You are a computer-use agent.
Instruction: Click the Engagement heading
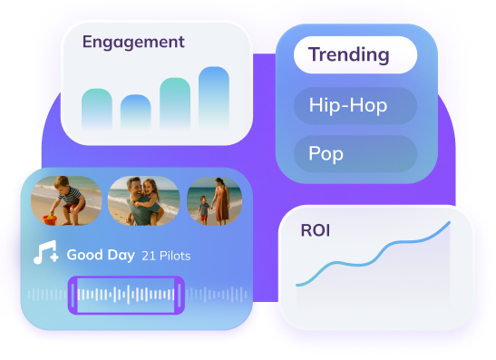point(132,43)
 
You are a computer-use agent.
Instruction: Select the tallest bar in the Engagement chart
point(214,99)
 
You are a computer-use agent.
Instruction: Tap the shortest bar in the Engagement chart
point(136,112)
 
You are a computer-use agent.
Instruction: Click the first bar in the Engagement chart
point(96,110)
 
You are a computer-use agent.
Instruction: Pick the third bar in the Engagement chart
point(175,104)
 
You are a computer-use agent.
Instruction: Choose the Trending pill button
point(355,54)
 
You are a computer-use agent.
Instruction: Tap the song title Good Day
point(101,256)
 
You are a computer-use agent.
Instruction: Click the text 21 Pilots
point(166,257)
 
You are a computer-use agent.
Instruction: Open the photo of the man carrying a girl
point(143,200)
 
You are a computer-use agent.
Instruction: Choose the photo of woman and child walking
point(214,200)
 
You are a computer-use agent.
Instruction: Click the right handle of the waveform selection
point(180,295)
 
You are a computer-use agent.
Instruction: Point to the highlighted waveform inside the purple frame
point(126,295)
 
